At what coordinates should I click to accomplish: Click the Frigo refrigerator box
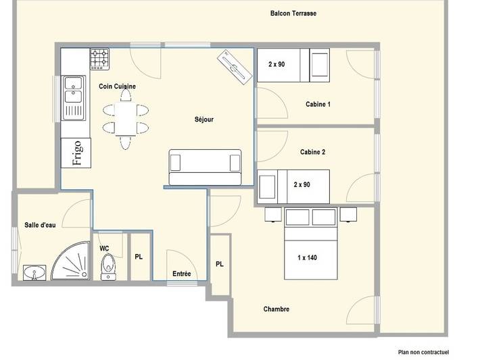coord(75,153)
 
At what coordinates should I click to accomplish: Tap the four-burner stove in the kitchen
coord(101,59)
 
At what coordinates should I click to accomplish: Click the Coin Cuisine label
coord(118,86)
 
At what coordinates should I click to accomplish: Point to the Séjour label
coord(203,120)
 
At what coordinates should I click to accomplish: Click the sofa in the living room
coord(205,167)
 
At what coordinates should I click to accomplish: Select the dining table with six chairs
coord(125,118)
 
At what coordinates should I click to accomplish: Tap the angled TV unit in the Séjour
coord(235,68)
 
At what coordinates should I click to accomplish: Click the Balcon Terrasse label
coord(293,14)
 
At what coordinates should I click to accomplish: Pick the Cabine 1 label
coord(318,105)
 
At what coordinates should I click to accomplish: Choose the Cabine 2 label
coord(313,153)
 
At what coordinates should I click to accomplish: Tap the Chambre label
coord(276,309)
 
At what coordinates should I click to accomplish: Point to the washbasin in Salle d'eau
coord(34,273)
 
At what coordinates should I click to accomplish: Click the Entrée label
coord(181,274)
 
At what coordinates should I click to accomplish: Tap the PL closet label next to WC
coord(139,257)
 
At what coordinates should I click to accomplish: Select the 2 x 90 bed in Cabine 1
coord(293,66)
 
